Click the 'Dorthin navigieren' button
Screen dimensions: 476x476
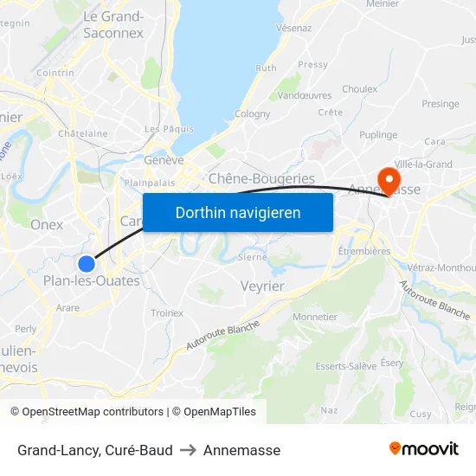click(x=238, y=212)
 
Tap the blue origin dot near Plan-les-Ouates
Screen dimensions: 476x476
click(x=86, y=264)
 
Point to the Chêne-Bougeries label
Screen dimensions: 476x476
click(x=262, y=178)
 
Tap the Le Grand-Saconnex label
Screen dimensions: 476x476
click(x=113, y=25)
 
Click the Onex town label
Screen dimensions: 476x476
click(x=47, y=224)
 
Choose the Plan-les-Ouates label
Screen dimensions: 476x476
click(x=91, y=281)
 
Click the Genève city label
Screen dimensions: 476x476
click(x=164, y=160)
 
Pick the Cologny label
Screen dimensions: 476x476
click(x=252, y=113)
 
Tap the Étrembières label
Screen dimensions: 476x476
click(x=364, y=251)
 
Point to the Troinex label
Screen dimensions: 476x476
click(x=167, y=313)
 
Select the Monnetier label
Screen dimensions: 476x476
click(x=315, y=317)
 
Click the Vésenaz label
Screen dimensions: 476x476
click(x=293, y=28)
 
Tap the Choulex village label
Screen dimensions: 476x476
click(x=359, y=89)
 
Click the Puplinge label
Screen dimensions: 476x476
click(x=378, y=135)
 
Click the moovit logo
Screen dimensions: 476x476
click(x=424, y=448)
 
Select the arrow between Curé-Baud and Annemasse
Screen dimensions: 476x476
click(x=188, y=450)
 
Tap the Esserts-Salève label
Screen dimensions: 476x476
click(x=346, y=366)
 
